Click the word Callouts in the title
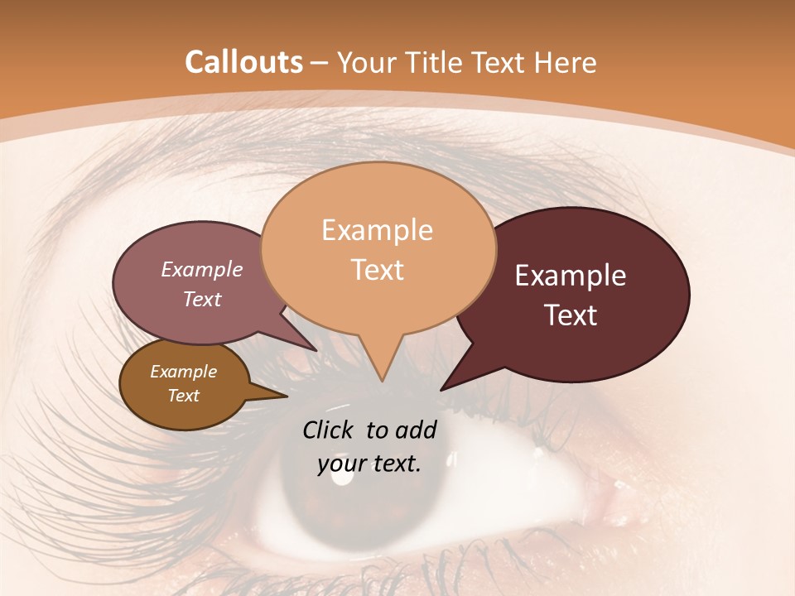pos(243,62)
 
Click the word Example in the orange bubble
pos(377,230)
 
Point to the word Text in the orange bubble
pos(377,270)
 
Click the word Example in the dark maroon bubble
pos(571,276)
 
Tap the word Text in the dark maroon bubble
pos(571,315)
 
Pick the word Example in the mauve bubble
pos(201,269)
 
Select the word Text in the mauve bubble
pos(201,299)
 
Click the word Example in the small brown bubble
pos(183,372)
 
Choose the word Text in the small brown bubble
pos(183,396)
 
